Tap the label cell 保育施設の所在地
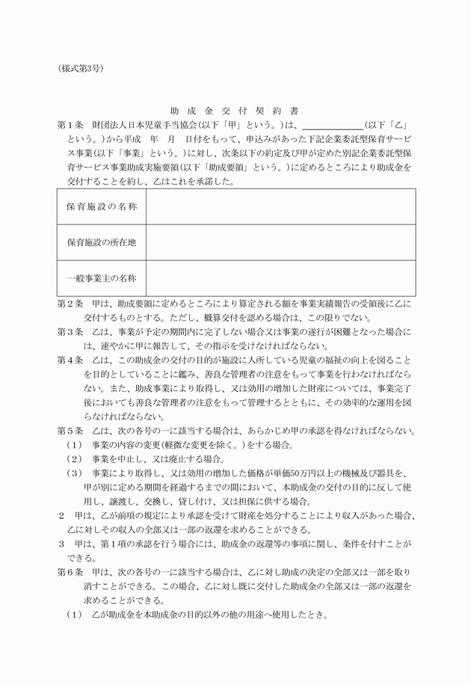pos(102,242)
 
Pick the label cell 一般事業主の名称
pos(102,278)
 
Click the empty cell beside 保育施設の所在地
pos(280,242)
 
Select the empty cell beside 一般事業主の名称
pos(280,278)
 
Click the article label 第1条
pos(69,124)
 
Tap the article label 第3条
pos(69,332)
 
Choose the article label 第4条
pos(69,360)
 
